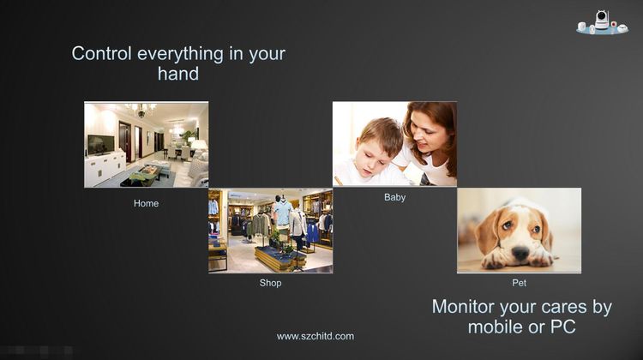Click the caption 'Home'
(146, 203)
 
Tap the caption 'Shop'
(270, 283)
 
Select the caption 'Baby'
(395, 197)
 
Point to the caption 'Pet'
(520, 283)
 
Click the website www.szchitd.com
(315, 336)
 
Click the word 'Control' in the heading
(102, 54)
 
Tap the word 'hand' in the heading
(178, 74)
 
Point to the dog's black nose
(520, 253)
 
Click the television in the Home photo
(101, 144)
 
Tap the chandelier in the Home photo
(141, 109)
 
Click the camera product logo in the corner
(602, 22)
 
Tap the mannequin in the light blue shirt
(283, 215)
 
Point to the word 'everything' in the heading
(180, 55)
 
